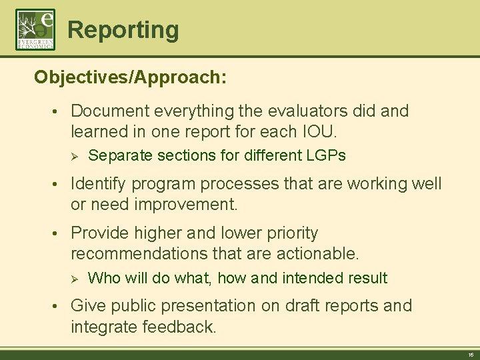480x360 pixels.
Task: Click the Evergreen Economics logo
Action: [x=35, y=29]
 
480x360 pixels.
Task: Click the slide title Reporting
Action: [x=123, y=30]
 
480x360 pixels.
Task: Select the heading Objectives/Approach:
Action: [x=131, y=78]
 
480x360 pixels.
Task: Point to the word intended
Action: [x=311, y=278]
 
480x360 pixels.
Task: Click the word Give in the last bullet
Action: [x=87, y=306]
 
